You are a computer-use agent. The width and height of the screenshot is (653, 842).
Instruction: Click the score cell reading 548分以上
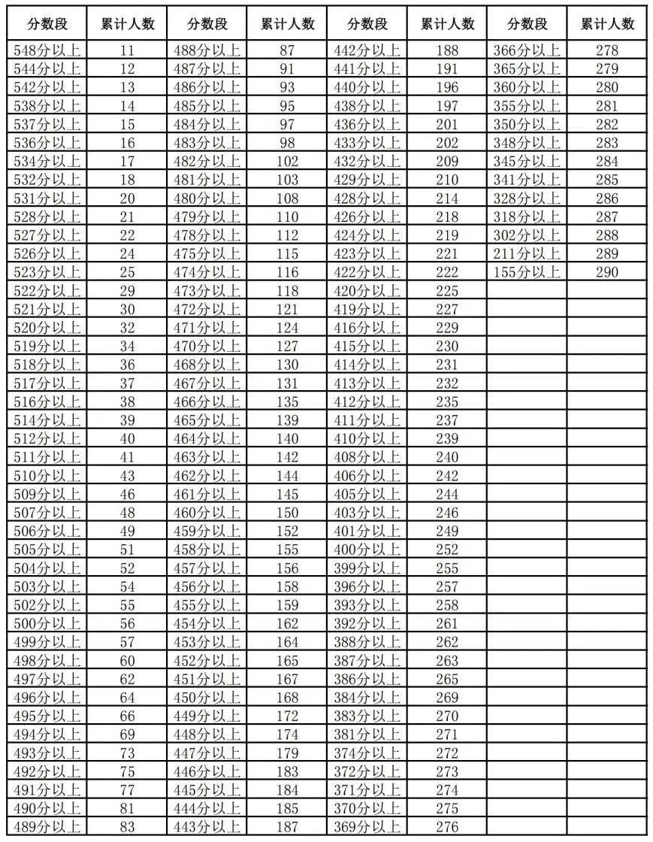(x=47, y=50)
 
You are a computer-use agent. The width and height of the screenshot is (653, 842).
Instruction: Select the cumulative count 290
(x=606, y=271)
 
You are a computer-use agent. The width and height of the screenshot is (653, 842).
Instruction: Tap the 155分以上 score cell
(x=526, y=271)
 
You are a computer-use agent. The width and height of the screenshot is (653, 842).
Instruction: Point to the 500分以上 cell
(x=47, y=622)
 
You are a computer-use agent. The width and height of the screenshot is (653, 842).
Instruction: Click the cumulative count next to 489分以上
(x=127, y=826)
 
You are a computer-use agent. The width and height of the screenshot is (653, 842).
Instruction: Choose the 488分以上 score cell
(x=207, y=50)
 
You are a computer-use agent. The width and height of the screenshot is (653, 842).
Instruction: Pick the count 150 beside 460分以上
(x=287, y=512)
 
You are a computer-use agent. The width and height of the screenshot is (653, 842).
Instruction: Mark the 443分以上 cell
(x=207, y=826)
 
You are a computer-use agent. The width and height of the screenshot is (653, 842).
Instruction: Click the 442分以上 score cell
(x=367, y=50)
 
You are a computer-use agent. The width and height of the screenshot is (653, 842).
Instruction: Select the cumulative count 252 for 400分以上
(x=447, y=549)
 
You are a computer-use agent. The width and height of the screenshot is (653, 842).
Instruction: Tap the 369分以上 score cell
(x=367, y=826)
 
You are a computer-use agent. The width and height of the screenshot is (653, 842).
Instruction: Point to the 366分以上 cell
(x=526, y=50)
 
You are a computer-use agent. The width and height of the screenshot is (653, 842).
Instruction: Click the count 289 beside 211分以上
(x=606, y=253)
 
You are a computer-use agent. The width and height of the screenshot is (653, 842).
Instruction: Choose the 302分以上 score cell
(x=526, y=235)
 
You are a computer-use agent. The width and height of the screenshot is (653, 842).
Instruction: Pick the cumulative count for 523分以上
(x=127, y=271)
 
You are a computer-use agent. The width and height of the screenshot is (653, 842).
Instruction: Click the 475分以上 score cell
(x=207, y=253)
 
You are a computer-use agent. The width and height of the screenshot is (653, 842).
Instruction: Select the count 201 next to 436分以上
(x=447, y=124)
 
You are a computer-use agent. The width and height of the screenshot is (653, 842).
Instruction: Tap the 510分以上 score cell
(x=47, y=475)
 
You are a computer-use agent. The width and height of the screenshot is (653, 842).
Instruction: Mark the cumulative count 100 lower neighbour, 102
(x=287, y=161)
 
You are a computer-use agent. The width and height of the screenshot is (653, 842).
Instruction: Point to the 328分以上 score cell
(x=526, y=198)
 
